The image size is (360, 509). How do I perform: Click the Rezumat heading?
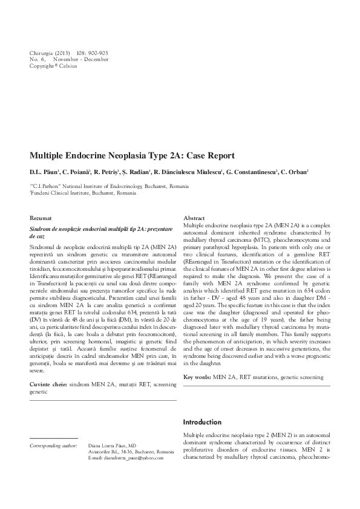point(41,217)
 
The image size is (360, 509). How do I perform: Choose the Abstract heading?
point(194,217)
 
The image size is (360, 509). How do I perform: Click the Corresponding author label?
point(53,445)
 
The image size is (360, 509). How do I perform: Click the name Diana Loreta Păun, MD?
point(112,445)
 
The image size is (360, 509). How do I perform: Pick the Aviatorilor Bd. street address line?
point(131,452)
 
